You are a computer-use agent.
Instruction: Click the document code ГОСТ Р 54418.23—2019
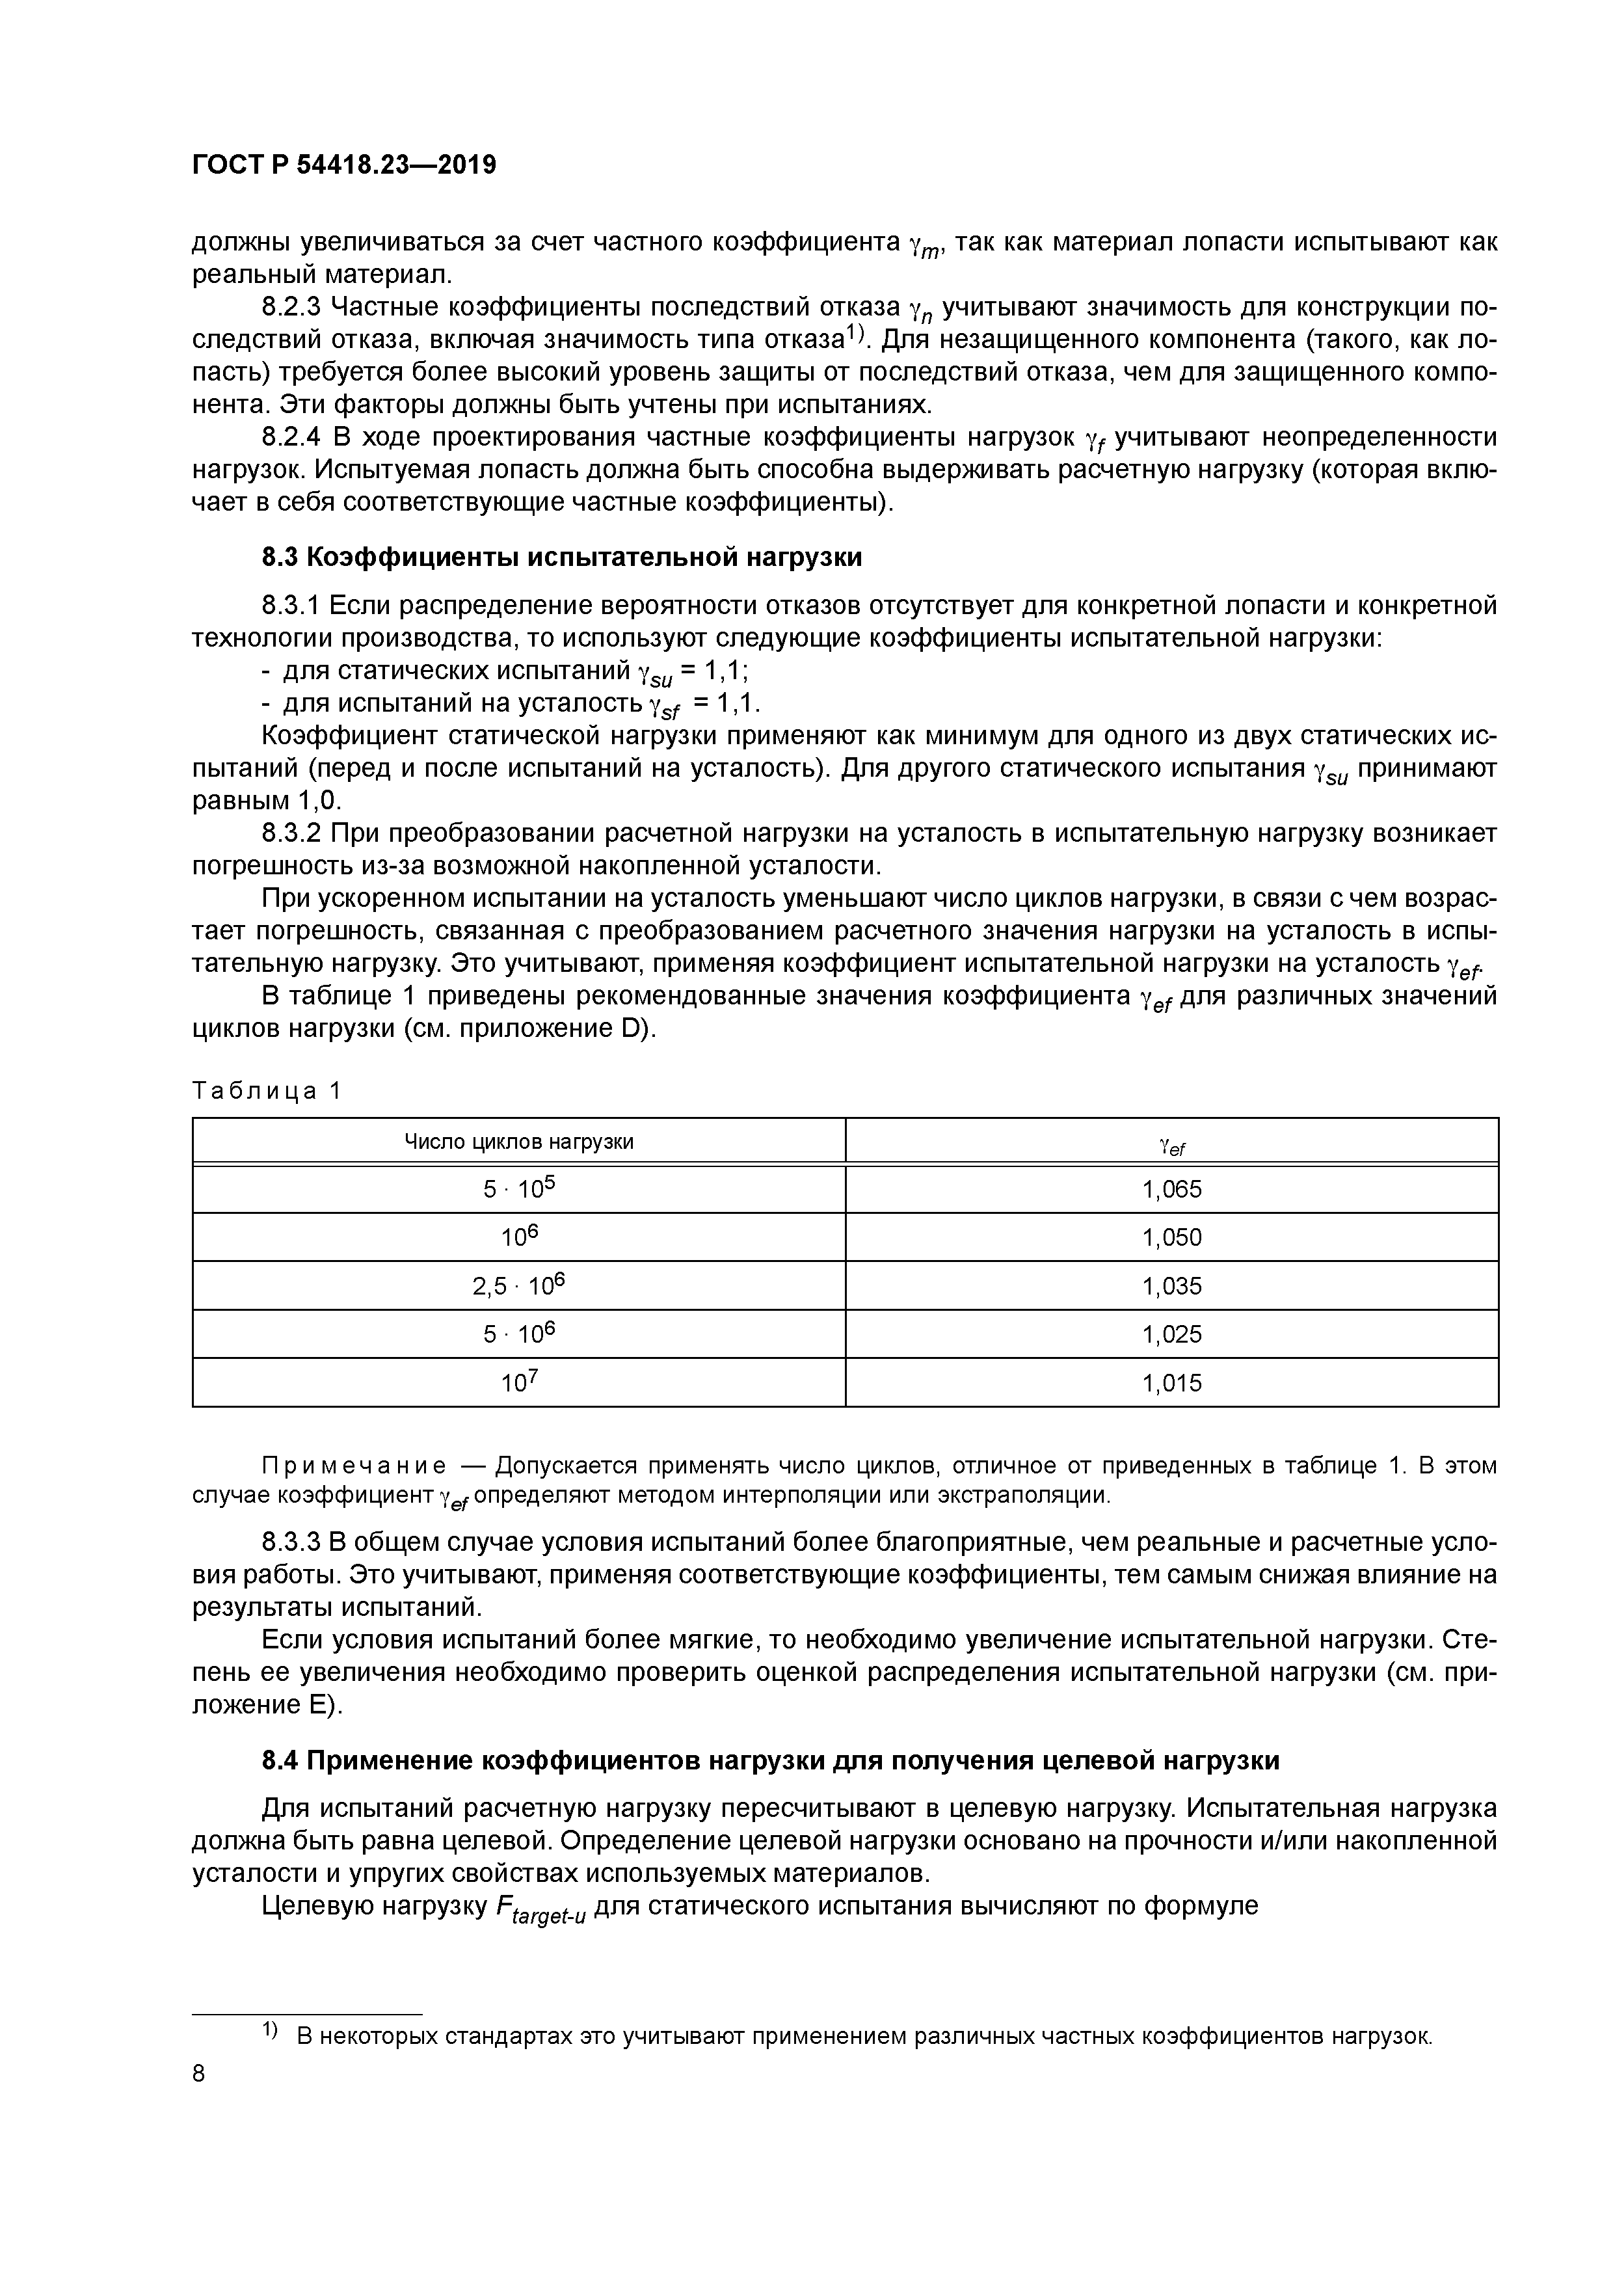[344, 165]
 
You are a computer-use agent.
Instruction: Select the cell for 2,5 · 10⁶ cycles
[518, 1286]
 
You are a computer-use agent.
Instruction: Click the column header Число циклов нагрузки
[518, 1141]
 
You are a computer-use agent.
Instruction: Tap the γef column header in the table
[1172, 1145]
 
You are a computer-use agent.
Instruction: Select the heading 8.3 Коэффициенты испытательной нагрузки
[561, 557]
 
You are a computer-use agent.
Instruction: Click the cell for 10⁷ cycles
[518, 1382]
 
